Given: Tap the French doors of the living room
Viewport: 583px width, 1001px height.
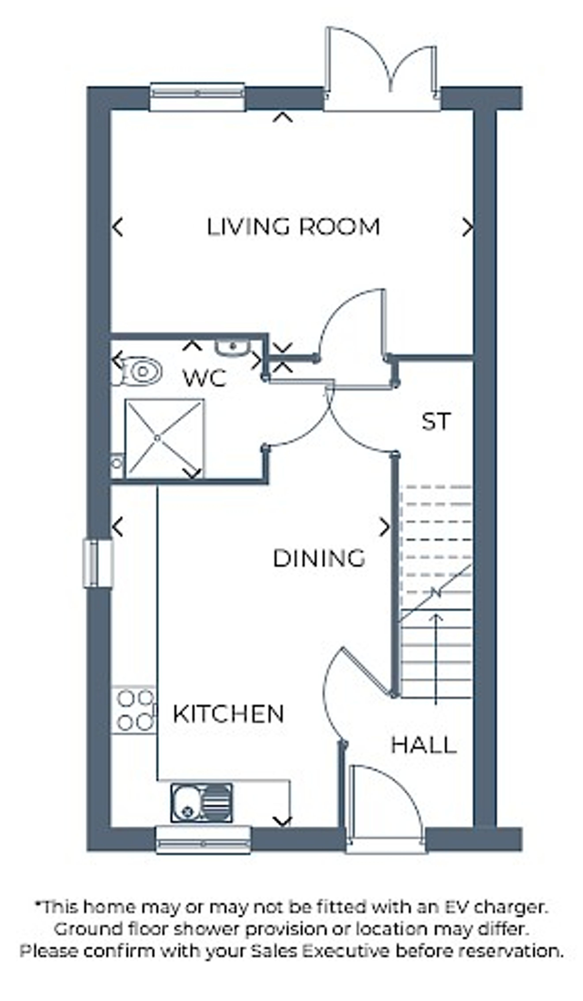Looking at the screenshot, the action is point(382,70).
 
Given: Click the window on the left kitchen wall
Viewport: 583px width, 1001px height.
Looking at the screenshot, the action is point(98,563).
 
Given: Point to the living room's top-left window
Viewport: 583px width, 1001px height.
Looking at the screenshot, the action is point(197,96).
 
